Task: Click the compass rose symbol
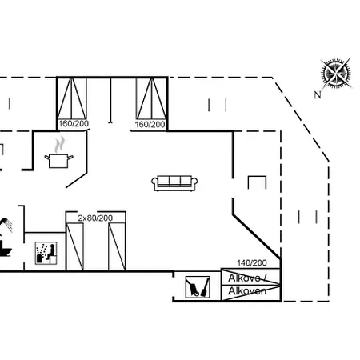(x=336, y=74)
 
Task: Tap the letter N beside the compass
(x=318, y=94)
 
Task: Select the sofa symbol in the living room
(x=174, y=183)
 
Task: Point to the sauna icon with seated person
(x=46, y=253)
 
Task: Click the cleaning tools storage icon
(x=198, y=287)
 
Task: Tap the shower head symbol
(x=6, y=225)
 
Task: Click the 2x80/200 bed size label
(x=95, y=218)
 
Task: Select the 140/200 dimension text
(x=252, y=263)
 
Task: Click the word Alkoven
(x=247, y=291)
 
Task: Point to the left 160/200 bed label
(x=74, y=124)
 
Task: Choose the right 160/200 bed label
(x=150, y=124)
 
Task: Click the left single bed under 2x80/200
(x=74, y=246)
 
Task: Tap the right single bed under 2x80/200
(x=117, y=246)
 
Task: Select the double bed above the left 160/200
(x=72, y=98)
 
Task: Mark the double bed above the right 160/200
(x=151, y=98)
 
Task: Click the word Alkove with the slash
(x=247, y=278)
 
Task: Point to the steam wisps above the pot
(x=60, y=144)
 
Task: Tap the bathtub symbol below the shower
(x=5, y=249)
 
